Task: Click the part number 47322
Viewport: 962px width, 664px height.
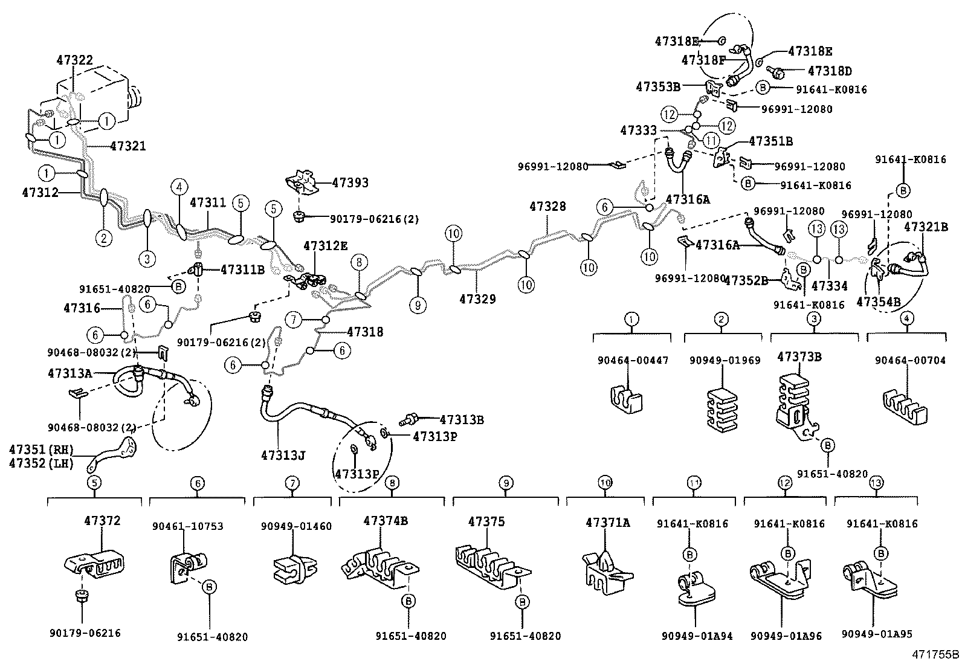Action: pos(75,60)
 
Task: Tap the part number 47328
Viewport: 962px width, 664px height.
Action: pos(547,207)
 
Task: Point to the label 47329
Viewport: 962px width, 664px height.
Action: pos(477,298)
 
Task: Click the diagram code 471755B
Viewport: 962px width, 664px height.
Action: pos(936,654)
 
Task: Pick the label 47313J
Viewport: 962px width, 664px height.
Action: pos(282,455)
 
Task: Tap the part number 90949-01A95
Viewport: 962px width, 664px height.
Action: pos(877,634)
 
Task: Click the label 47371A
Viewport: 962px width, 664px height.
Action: pos(607,523)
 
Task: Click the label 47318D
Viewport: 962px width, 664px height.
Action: pos(830,71)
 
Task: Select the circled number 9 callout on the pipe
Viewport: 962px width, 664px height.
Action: pos(417,305)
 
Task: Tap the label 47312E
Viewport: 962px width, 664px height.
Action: pos(326,246)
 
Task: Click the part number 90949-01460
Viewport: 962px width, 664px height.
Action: pos(296,526)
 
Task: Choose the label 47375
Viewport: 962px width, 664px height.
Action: pos(486,521)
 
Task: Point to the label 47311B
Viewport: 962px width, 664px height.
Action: pos(242,269)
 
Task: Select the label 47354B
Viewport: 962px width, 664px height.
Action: pos(879,302)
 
